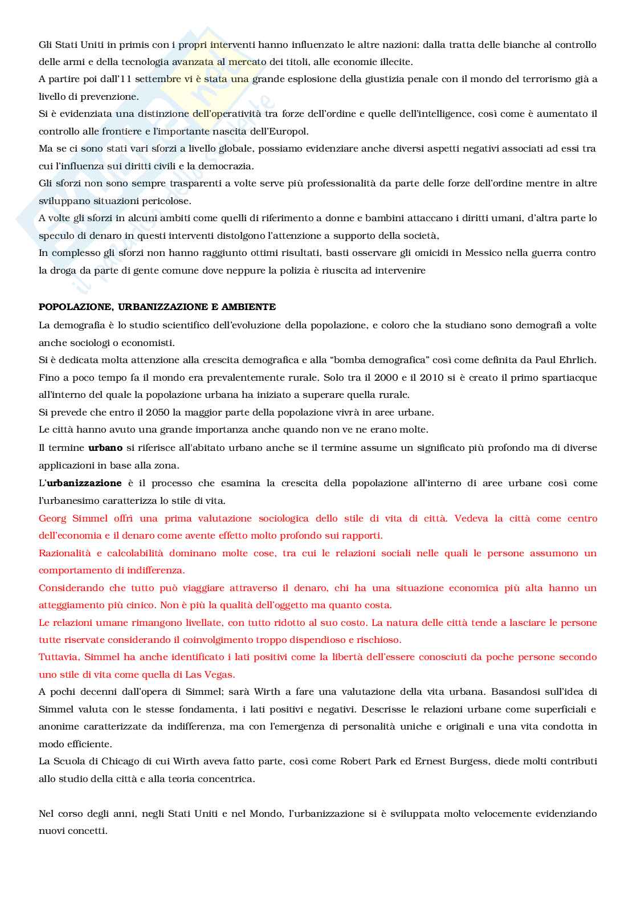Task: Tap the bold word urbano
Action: click(105, 448)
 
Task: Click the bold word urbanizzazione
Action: click(84, 483)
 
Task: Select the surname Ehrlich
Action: click(577, 360)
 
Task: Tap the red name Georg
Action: click(52, 519)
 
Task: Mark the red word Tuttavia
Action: click(59, 657)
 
